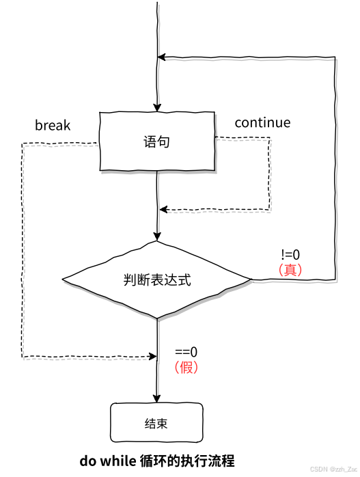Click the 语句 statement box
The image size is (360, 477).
pos(156,141)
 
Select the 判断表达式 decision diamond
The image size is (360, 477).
pos(157,280)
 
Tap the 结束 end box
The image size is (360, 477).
pos(156,424)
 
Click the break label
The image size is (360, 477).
pos(53,126)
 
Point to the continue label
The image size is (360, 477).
pos(262,123)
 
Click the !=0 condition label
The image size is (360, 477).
pos(290,255)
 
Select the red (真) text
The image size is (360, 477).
pos(290,269)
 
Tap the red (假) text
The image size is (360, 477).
pos(186,368)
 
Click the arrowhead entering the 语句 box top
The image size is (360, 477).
pos(158,107)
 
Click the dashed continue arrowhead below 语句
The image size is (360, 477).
pos(162,209)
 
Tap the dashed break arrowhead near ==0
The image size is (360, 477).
pos(152,356)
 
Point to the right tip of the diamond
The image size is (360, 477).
pos(251,279)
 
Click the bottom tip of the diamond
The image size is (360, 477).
pos(158,318)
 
